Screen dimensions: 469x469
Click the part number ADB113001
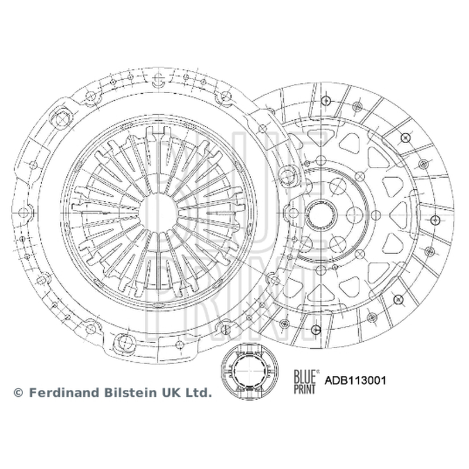[355, 380]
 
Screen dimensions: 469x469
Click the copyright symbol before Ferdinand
[18, 393]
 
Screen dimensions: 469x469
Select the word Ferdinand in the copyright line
[65, 392]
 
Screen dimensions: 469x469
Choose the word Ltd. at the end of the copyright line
[198, 392]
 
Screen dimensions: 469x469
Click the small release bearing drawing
[250, 372]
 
